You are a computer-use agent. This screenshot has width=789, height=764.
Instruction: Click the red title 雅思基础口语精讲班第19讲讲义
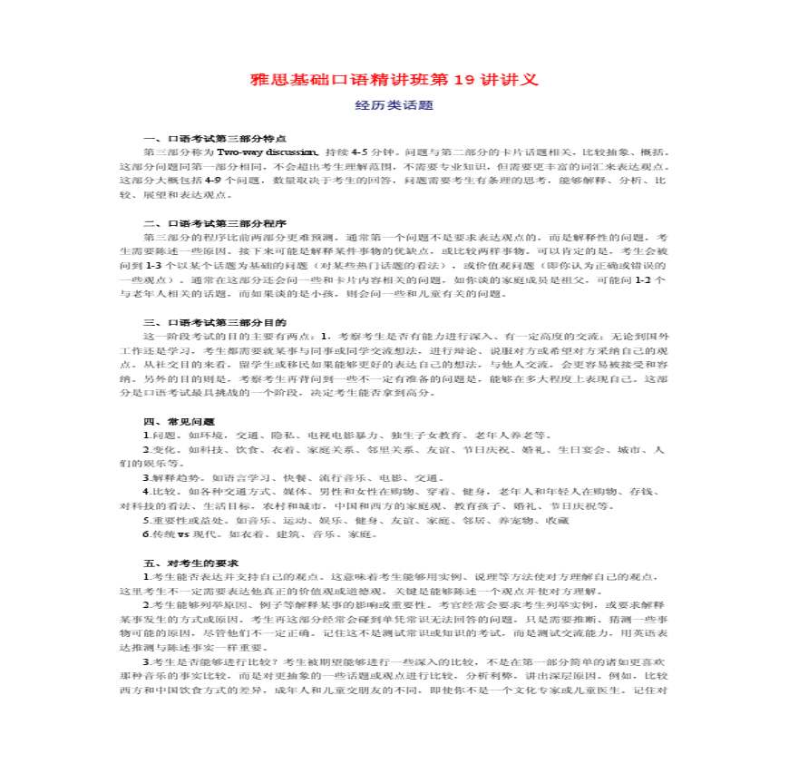[x=394, y=80]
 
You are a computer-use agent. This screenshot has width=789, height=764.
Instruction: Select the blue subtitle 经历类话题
[x=394, y=106]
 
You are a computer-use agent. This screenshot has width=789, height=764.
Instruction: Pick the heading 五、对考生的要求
[x=186, y=563]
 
